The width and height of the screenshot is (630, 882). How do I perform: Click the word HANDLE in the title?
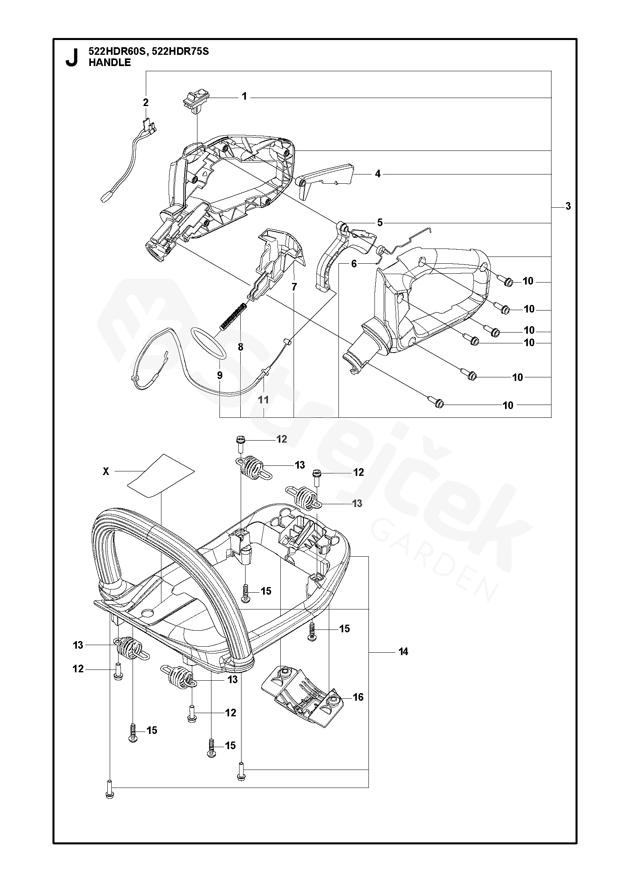coord(110,62)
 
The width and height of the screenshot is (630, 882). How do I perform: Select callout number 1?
coord(244,96)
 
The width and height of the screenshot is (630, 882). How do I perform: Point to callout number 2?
coord(146,102)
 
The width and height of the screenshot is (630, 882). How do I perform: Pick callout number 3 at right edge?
coord(568,206)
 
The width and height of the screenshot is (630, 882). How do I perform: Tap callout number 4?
coord(378,174)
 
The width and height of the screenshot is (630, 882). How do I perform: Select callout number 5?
coord(380,223)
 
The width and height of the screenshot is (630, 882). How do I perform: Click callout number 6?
coord(354,264)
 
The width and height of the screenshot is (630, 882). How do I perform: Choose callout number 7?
coord(294,287)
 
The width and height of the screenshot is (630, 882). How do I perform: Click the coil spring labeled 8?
coord(233,316)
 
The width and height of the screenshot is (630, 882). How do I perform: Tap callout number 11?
coord(263,399)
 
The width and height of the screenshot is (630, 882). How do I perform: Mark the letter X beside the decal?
coord(106,472)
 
